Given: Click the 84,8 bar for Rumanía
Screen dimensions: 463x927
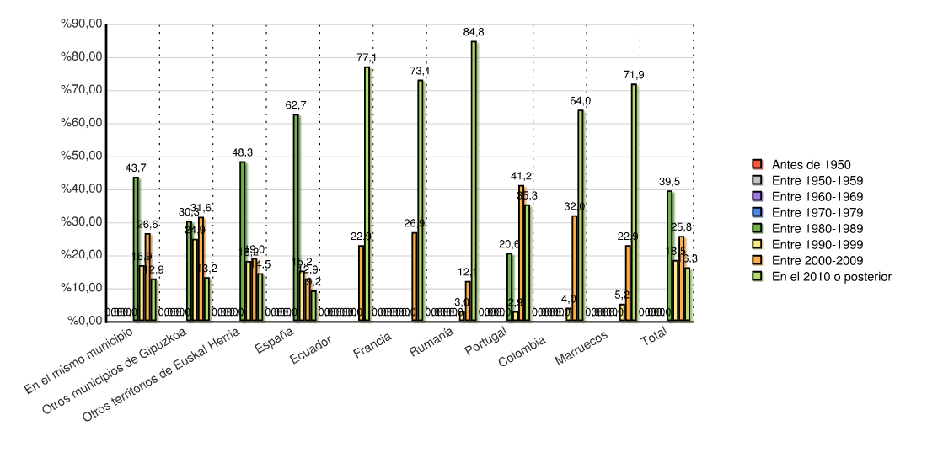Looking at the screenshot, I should [474, 181].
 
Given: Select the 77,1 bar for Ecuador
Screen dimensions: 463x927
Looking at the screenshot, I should [367, 194].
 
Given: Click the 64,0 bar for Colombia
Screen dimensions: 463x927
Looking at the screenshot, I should [581, 216].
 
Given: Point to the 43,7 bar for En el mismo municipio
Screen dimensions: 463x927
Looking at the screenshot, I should [136, 249].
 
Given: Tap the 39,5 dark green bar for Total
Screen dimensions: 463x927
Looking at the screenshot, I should [670, 256].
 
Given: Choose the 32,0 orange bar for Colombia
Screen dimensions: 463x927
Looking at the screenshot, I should [575, 268].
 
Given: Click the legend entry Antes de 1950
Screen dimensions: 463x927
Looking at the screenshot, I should [801, 164].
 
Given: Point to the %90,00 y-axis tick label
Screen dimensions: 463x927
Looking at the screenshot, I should [82, 24].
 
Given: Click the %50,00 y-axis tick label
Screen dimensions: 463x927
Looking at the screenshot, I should [82, 157].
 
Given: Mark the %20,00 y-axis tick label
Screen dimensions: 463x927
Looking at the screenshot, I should [82, 255].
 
